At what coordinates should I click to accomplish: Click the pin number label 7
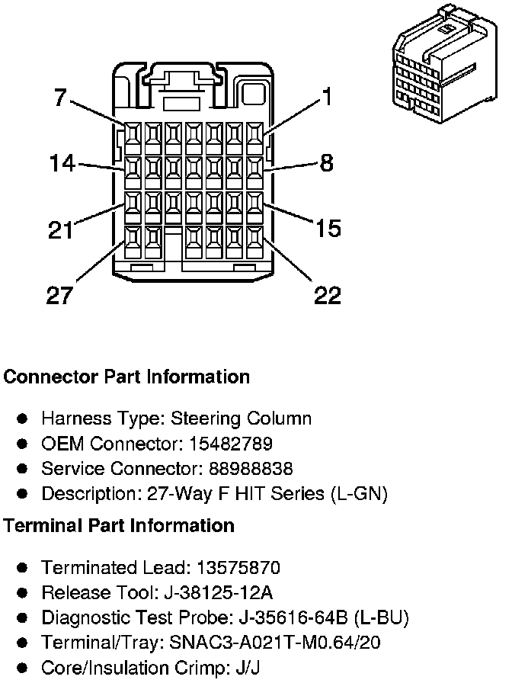pyautogui.click(x=60, y=98)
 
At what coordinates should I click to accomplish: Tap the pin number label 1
pyautogui.click(x=327, y=97)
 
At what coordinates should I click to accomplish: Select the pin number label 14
pyautogui.click(x=62, y=163)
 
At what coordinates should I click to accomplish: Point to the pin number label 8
pyautogui.click(x=326, y=163)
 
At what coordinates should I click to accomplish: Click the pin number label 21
pyautogui.click(x=62, y=229)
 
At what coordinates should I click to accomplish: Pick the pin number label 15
pyautogui.click(x=328, y=228)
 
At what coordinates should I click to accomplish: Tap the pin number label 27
pyautogui.click(x=61, y=295)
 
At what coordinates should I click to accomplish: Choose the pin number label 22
pyautogui.click(x=328, y=295)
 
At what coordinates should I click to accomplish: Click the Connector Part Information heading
pyautogui.click(x=126, y=377)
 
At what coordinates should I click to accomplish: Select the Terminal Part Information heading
pyautogui.click(x=119, y=525)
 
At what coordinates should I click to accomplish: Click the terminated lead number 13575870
pyautogui.click(x=238, y=568)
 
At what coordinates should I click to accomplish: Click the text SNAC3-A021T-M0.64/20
pyautogui.click(x=275, y=643)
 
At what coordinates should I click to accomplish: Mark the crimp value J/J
pyautogui.click(x=225, y=669)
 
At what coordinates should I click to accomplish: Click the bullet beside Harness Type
pyautogui.click(x=23, y=418)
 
